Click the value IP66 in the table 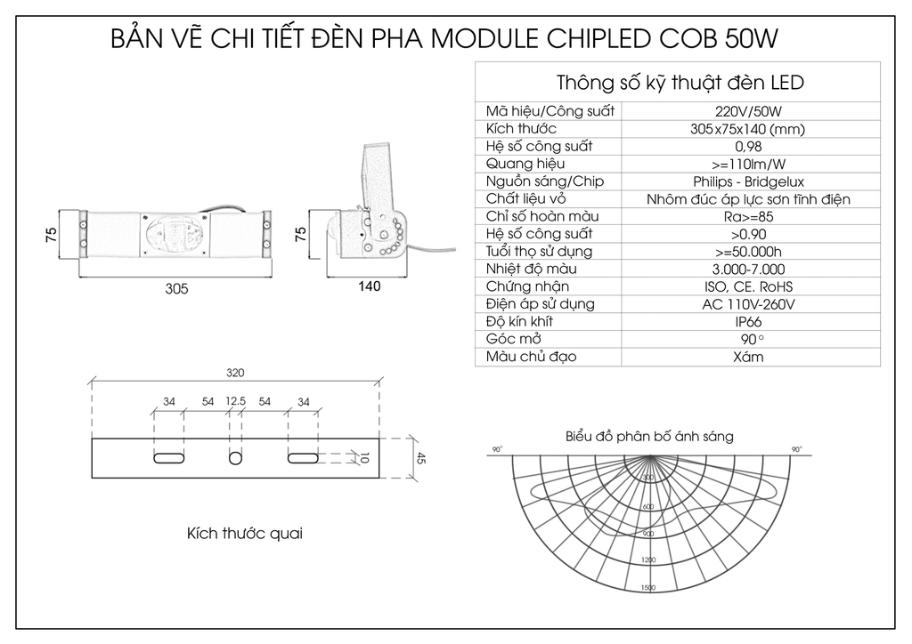pos(748,322)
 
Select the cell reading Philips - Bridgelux pos(748,181)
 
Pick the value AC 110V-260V pos(748,304)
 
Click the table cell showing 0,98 pos(748,146)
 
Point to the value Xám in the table pos(748,358)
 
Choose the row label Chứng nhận pos(527,286)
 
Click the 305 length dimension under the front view pos(177,288)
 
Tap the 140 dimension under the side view pos(369,286)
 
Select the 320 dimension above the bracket pos(235,373)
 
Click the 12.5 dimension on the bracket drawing pos(236,402)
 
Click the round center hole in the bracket pos(235,457)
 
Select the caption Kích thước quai pos(245,534)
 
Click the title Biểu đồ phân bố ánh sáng pos(649,437)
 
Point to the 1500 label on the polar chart pos(647,588)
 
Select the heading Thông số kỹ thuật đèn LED pos(680,83)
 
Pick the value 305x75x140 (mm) pos(748,129)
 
